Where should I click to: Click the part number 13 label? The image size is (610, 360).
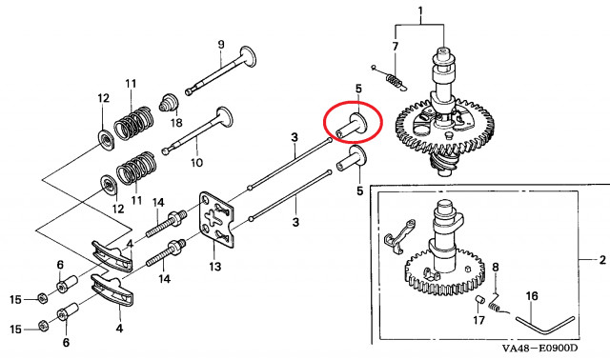click(214, 267)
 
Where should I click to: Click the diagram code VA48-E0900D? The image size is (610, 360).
click(539, 348)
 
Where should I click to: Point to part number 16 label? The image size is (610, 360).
click(532, 296)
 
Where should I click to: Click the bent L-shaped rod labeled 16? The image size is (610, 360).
click(545, 324)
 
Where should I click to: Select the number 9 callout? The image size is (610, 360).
click(221, 44)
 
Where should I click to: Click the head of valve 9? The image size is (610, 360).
click(248, 56)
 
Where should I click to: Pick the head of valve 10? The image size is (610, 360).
click(225, 117)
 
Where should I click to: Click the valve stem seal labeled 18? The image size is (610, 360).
click(169, 102)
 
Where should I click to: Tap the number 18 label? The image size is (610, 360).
click(176, 123)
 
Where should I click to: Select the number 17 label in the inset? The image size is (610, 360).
click(478, 320)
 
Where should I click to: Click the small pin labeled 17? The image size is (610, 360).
click(478, 301)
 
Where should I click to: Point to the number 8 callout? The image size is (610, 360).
click(496, 267)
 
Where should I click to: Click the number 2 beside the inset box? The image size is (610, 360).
click(602, 259)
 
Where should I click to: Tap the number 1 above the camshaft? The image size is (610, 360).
click(420, 10)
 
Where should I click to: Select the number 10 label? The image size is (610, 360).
click(197, 162)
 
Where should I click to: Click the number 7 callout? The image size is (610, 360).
click(396, 47)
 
